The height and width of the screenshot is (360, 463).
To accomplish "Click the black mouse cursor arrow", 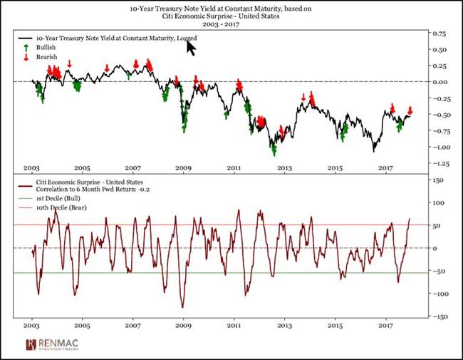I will tap(191, 47).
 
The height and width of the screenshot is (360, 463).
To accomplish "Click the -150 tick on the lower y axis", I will tap(438, 317).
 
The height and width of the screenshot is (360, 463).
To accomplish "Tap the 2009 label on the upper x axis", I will tap(184, 168).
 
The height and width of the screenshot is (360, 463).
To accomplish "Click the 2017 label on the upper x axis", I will tap(385, 168).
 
